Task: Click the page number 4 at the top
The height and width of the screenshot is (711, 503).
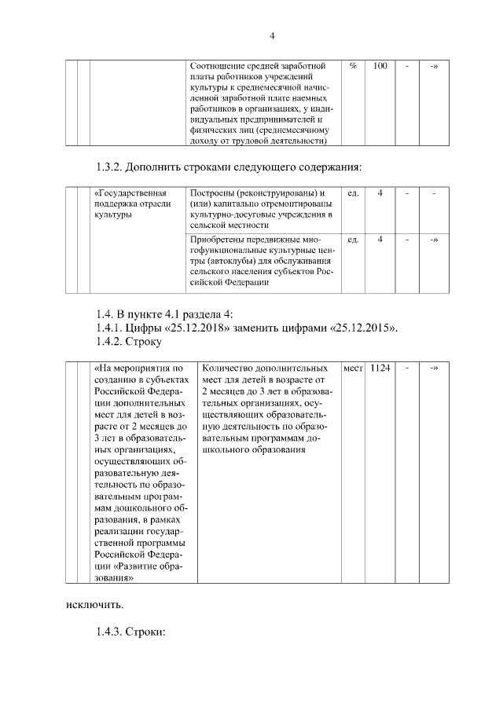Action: (271, 35)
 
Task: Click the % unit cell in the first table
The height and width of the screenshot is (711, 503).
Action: (353, 66)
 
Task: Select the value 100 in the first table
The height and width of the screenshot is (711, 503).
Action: (380, 66)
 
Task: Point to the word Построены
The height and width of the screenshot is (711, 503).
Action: (215, 193)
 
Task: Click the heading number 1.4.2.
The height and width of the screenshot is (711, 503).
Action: (108, 342)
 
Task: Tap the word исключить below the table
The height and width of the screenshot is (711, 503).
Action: (94, 605)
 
